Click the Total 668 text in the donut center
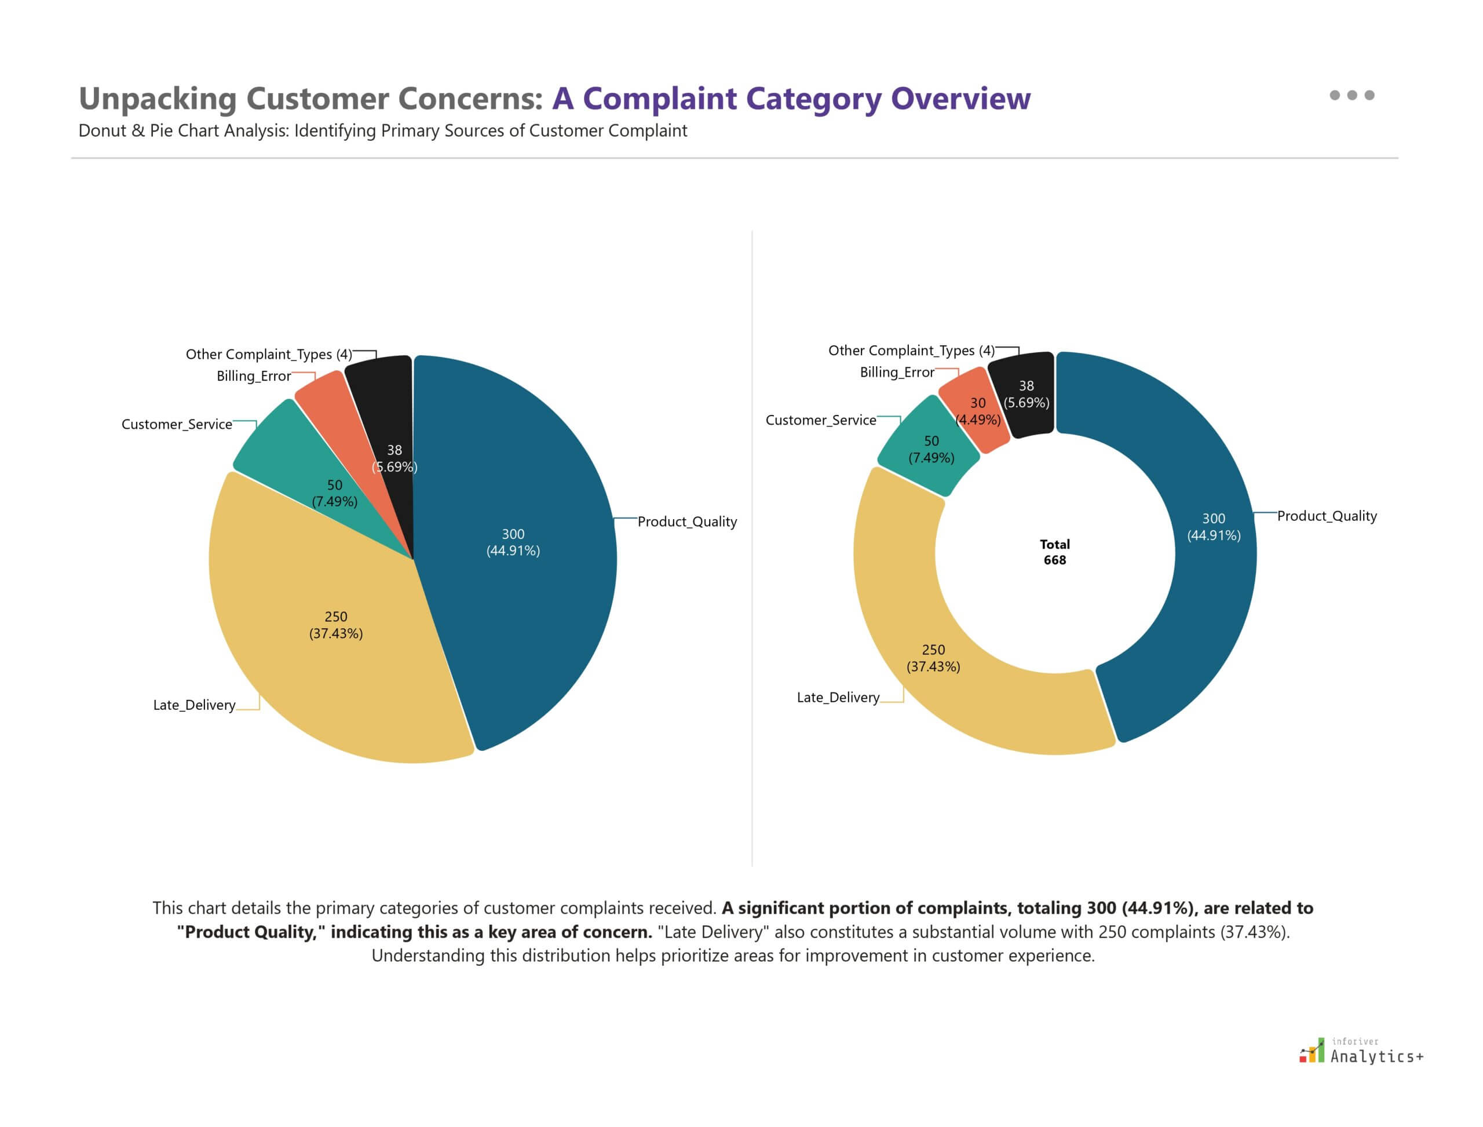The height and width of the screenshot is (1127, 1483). click(1054, 552)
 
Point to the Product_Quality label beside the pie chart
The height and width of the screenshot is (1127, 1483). click(687, 522)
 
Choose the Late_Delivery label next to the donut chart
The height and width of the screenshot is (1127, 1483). click(838, 698)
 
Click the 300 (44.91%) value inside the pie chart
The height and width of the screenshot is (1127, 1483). click(513, 542)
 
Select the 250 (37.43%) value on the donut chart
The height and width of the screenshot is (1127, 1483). click(933, 658)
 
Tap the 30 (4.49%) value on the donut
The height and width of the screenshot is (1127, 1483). click(978, 411)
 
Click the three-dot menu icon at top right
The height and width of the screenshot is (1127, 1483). click(1351, 95)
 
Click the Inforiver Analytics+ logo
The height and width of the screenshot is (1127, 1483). click(1361, 1052)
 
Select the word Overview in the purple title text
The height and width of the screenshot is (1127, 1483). click(960, 99)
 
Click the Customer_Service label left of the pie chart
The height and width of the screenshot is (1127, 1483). click(177, 425)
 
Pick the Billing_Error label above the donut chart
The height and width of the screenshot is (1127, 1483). click(897, 373)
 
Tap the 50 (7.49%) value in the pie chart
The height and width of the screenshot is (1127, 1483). click(334, 493)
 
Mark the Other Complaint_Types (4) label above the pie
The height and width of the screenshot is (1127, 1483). click(268, 354)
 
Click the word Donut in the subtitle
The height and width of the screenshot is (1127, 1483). click(102, 131)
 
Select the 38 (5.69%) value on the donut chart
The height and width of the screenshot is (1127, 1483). click(1027, 395)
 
